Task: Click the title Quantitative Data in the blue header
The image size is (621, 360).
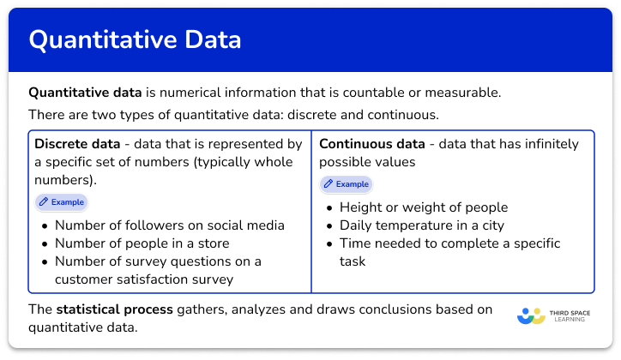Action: (x=135, y=39)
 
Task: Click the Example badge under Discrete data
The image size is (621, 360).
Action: (x=61, y=202)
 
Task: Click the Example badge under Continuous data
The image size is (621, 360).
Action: (x=346, y=183)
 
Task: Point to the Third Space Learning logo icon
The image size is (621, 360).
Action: (x=532, y=316)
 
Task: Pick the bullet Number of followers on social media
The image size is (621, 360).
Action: (x=169, y=225)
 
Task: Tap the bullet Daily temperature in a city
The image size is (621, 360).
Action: (x=421, y=225)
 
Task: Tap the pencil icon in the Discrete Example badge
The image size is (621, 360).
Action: (x=44, y=202)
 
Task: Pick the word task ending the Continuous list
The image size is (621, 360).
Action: (x=353, y=261)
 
